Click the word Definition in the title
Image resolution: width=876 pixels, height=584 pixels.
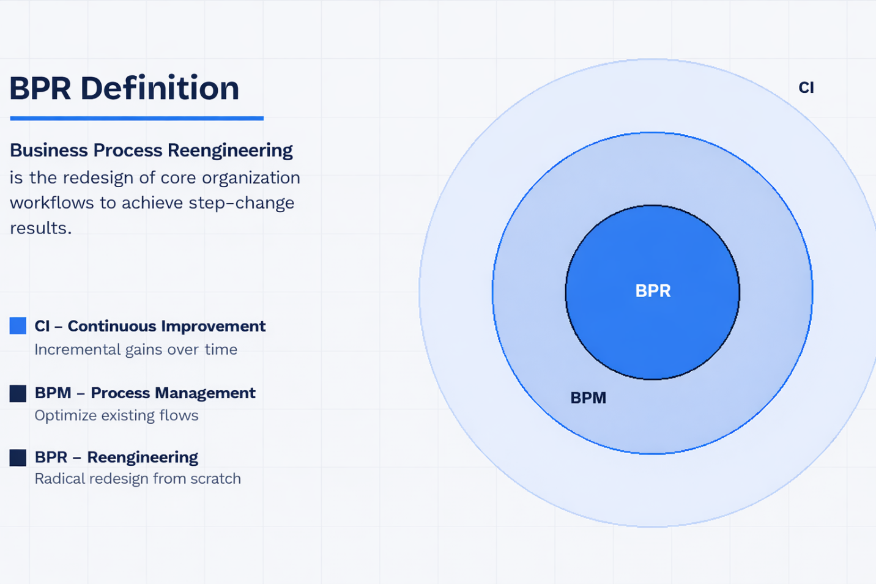[160, 88]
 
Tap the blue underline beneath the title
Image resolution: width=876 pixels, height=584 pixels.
[136, 118]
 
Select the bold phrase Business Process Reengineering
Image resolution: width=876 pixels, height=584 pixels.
[151, 150]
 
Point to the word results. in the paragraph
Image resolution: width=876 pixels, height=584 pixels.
[40, 228]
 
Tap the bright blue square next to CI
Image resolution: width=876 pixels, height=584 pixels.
[18, 326]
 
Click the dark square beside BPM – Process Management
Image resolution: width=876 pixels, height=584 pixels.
[18, 393]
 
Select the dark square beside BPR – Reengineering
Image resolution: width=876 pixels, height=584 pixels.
[18, 457]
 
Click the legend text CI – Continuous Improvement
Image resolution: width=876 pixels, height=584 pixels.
[150, 326]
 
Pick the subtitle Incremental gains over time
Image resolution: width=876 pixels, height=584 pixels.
[136, 350]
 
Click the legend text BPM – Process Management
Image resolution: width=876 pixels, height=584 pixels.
[145, 393]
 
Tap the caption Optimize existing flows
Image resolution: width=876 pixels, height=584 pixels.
[116, 416]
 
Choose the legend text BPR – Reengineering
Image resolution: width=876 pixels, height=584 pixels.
[116, 457]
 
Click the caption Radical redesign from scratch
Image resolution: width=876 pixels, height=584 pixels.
[138, 479]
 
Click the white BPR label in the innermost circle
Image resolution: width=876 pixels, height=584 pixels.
[653, 291]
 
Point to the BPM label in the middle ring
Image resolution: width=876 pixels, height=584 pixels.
[588, 398]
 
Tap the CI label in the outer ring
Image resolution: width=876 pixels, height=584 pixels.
[806, 88]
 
